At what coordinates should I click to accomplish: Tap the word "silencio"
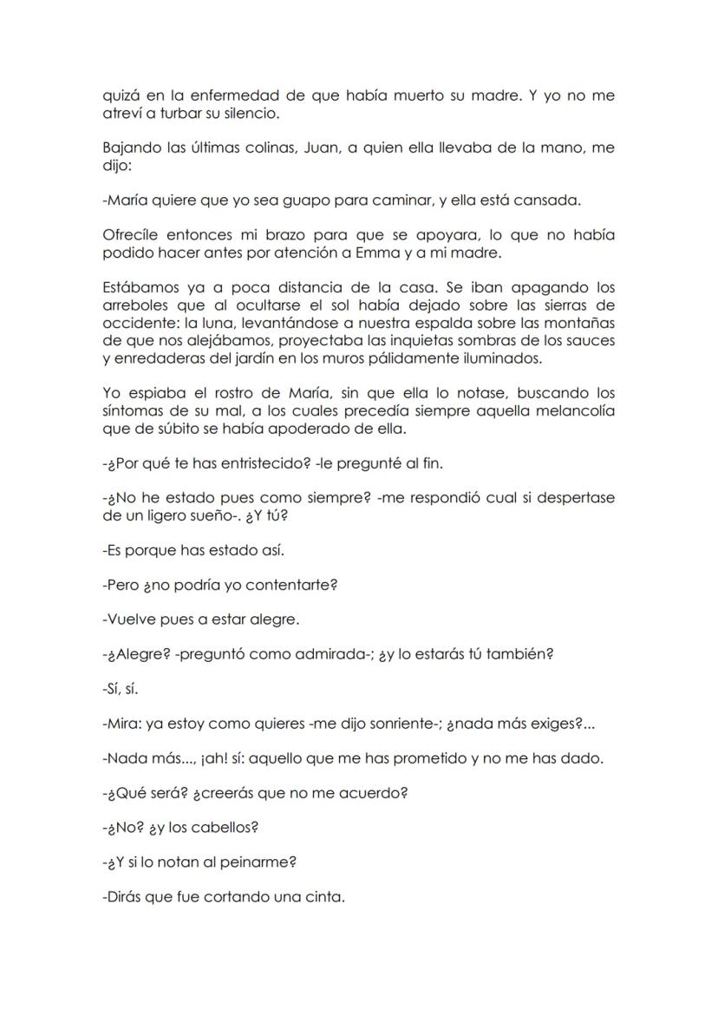(254, 114)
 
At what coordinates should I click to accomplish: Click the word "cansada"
(550, 200)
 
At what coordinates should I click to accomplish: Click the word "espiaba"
(150, 393)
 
